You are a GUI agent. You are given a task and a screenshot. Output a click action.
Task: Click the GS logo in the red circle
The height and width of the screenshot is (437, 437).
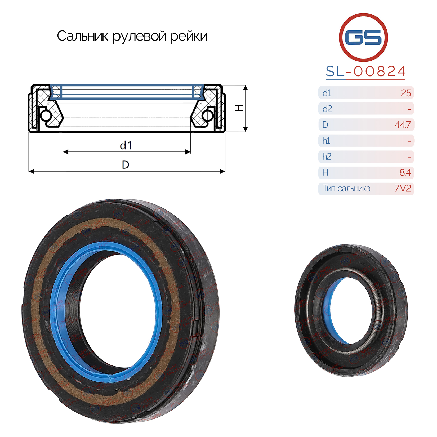click(x=363, y=37)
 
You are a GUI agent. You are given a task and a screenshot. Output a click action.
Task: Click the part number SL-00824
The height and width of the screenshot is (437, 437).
click(x=365, y=71)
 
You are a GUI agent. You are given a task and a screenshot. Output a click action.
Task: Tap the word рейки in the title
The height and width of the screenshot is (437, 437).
click(x=189, y=36)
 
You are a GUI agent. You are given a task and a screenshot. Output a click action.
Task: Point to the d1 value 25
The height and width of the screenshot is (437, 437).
click(x=406, y=93)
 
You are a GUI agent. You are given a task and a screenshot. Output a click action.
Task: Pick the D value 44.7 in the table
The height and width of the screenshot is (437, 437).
click(x=403, y=125)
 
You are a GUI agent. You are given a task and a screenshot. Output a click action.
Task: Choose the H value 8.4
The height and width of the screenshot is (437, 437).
click(x=405, y=173)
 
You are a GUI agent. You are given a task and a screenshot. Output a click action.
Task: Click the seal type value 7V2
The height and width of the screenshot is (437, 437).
click(x=403, y=188)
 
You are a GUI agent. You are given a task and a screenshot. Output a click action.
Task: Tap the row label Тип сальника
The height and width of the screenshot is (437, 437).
click(x=346, y=188)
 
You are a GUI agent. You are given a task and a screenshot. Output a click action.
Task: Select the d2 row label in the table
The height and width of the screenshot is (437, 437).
click(x=327, y=109)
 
